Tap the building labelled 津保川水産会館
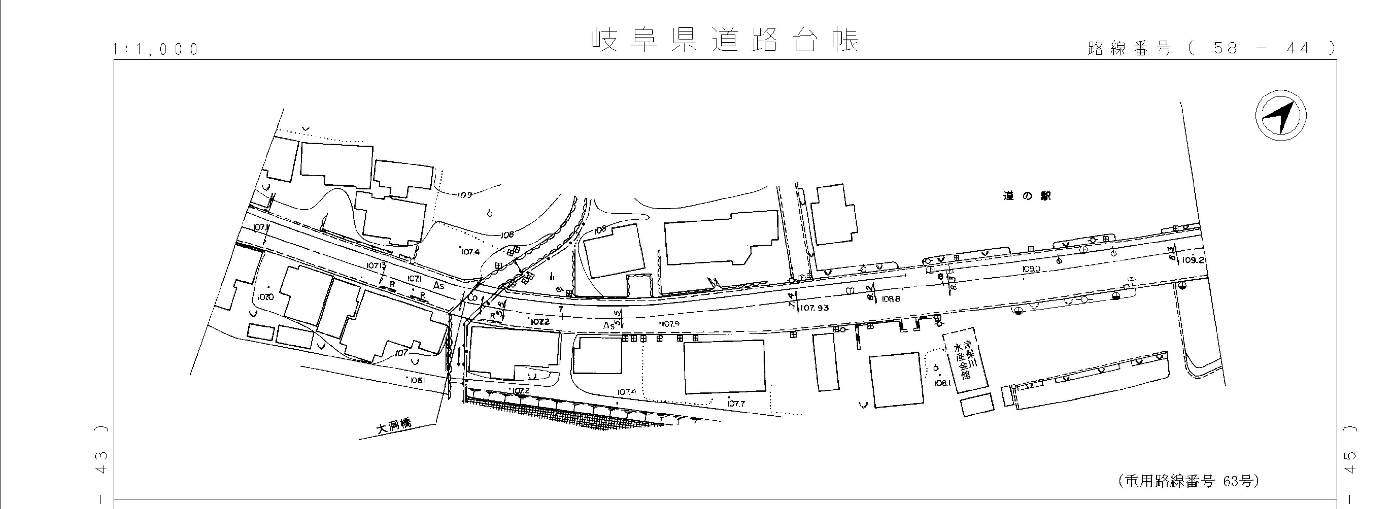[965, 360]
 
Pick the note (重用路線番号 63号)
[1189, 481]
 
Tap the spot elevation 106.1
[418, 380]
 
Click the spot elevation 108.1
[942, 383]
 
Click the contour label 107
[401, 353]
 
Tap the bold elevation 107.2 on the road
[540, 322]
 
